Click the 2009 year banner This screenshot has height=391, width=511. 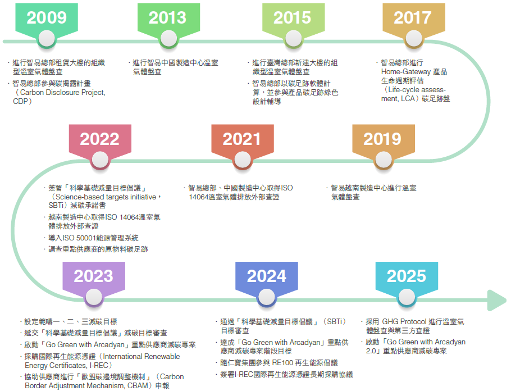pos(47,18)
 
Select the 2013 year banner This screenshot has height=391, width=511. pos(168,18)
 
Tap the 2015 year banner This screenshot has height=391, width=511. pos(293,18)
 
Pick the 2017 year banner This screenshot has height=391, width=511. pos(413,18)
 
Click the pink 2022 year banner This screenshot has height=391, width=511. pos(100,139)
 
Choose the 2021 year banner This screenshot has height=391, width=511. pos(243,139)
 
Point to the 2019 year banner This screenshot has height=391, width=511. pos(384,139)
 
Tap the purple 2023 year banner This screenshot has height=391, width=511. pos(94,276)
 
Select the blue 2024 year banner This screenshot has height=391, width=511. pos(267,276)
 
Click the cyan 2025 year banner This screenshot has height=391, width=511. pos(407,276)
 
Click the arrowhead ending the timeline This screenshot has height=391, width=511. pos(496,300)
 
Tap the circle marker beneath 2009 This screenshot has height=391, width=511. pos(47,39)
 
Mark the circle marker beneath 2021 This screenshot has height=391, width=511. pos(243,160)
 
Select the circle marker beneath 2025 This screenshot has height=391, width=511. pos(407,297)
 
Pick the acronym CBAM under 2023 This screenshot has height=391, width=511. pos(138,386)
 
